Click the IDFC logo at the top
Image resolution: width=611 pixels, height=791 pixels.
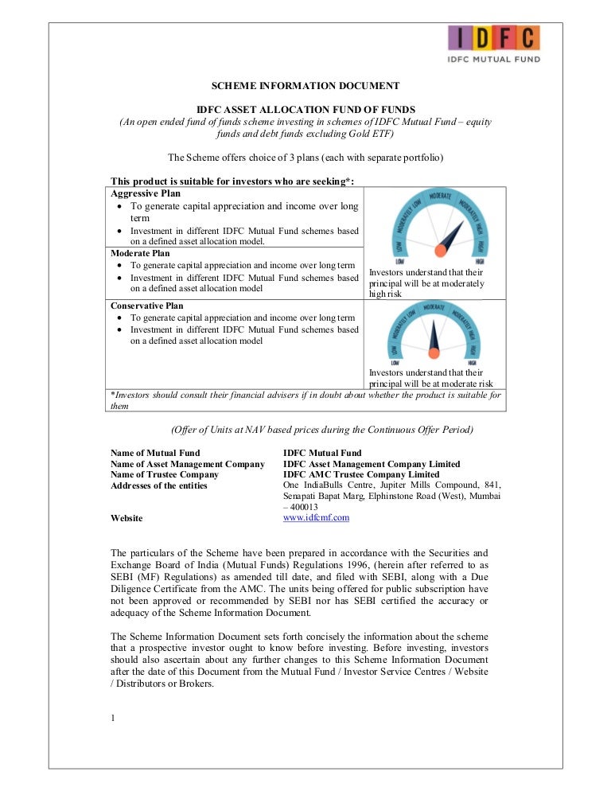click(494, 43)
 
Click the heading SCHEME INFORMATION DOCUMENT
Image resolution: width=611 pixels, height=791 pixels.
click(305, 85)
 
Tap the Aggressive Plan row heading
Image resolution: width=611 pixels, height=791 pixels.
click(145, 193)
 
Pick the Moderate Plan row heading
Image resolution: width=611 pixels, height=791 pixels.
click(141, 254)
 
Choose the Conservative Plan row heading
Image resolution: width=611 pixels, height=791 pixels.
click(146, 306)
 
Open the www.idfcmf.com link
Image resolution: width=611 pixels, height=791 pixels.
click(316, 517)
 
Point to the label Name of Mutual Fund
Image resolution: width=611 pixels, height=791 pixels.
click(155, 453)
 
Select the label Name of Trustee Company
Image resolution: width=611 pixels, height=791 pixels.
click(164, 474)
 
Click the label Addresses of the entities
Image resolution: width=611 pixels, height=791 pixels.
click(159, 485)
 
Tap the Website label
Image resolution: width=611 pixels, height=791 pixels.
click(126, 518)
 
